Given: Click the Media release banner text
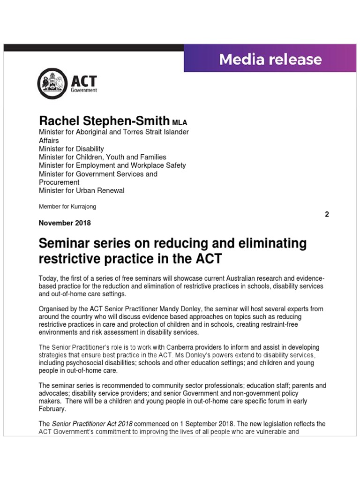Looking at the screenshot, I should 270,60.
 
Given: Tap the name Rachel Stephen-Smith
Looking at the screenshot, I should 104,121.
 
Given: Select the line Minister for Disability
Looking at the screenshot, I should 71,149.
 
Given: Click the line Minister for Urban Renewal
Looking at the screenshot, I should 82,191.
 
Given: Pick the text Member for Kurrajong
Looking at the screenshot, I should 67,206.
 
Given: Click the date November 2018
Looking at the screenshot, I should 65,223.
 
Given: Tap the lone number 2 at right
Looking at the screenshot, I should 327,214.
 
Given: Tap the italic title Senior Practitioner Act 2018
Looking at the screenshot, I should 93,424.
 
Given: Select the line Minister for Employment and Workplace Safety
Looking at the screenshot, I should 112,165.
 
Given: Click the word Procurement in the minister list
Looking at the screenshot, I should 59,182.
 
